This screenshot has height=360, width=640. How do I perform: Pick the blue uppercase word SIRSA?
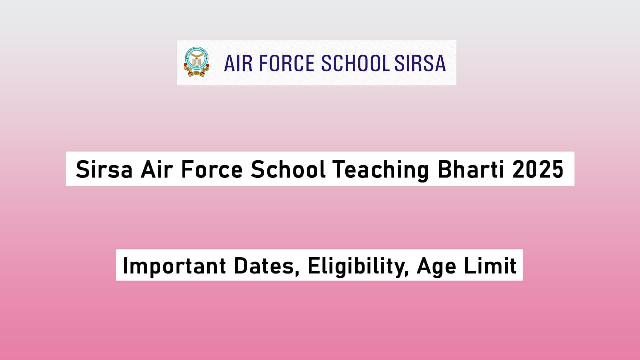tap(420, 64)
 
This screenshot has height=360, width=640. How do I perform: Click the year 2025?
tap(538, 170)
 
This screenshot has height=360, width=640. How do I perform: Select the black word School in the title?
tap(288, 170)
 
